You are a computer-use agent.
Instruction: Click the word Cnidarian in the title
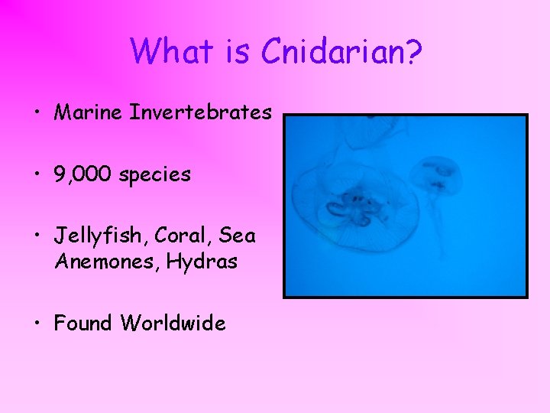[342, 51]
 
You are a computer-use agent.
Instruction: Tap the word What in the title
[174, 51]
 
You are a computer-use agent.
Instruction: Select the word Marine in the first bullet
[89, 113]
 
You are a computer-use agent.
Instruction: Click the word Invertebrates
[201, 113]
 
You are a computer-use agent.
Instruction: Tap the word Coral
[179, 236]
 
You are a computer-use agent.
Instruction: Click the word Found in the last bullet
[83, 324]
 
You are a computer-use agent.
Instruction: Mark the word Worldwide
[173, 324]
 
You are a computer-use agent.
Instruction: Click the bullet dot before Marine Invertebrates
[37, 114]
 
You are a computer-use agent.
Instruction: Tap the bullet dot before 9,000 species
[37, 175]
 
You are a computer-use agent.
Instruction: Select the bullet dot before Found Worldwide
[37, 324]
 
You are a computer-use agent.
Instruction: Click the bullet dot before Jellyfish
[37, 236]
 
